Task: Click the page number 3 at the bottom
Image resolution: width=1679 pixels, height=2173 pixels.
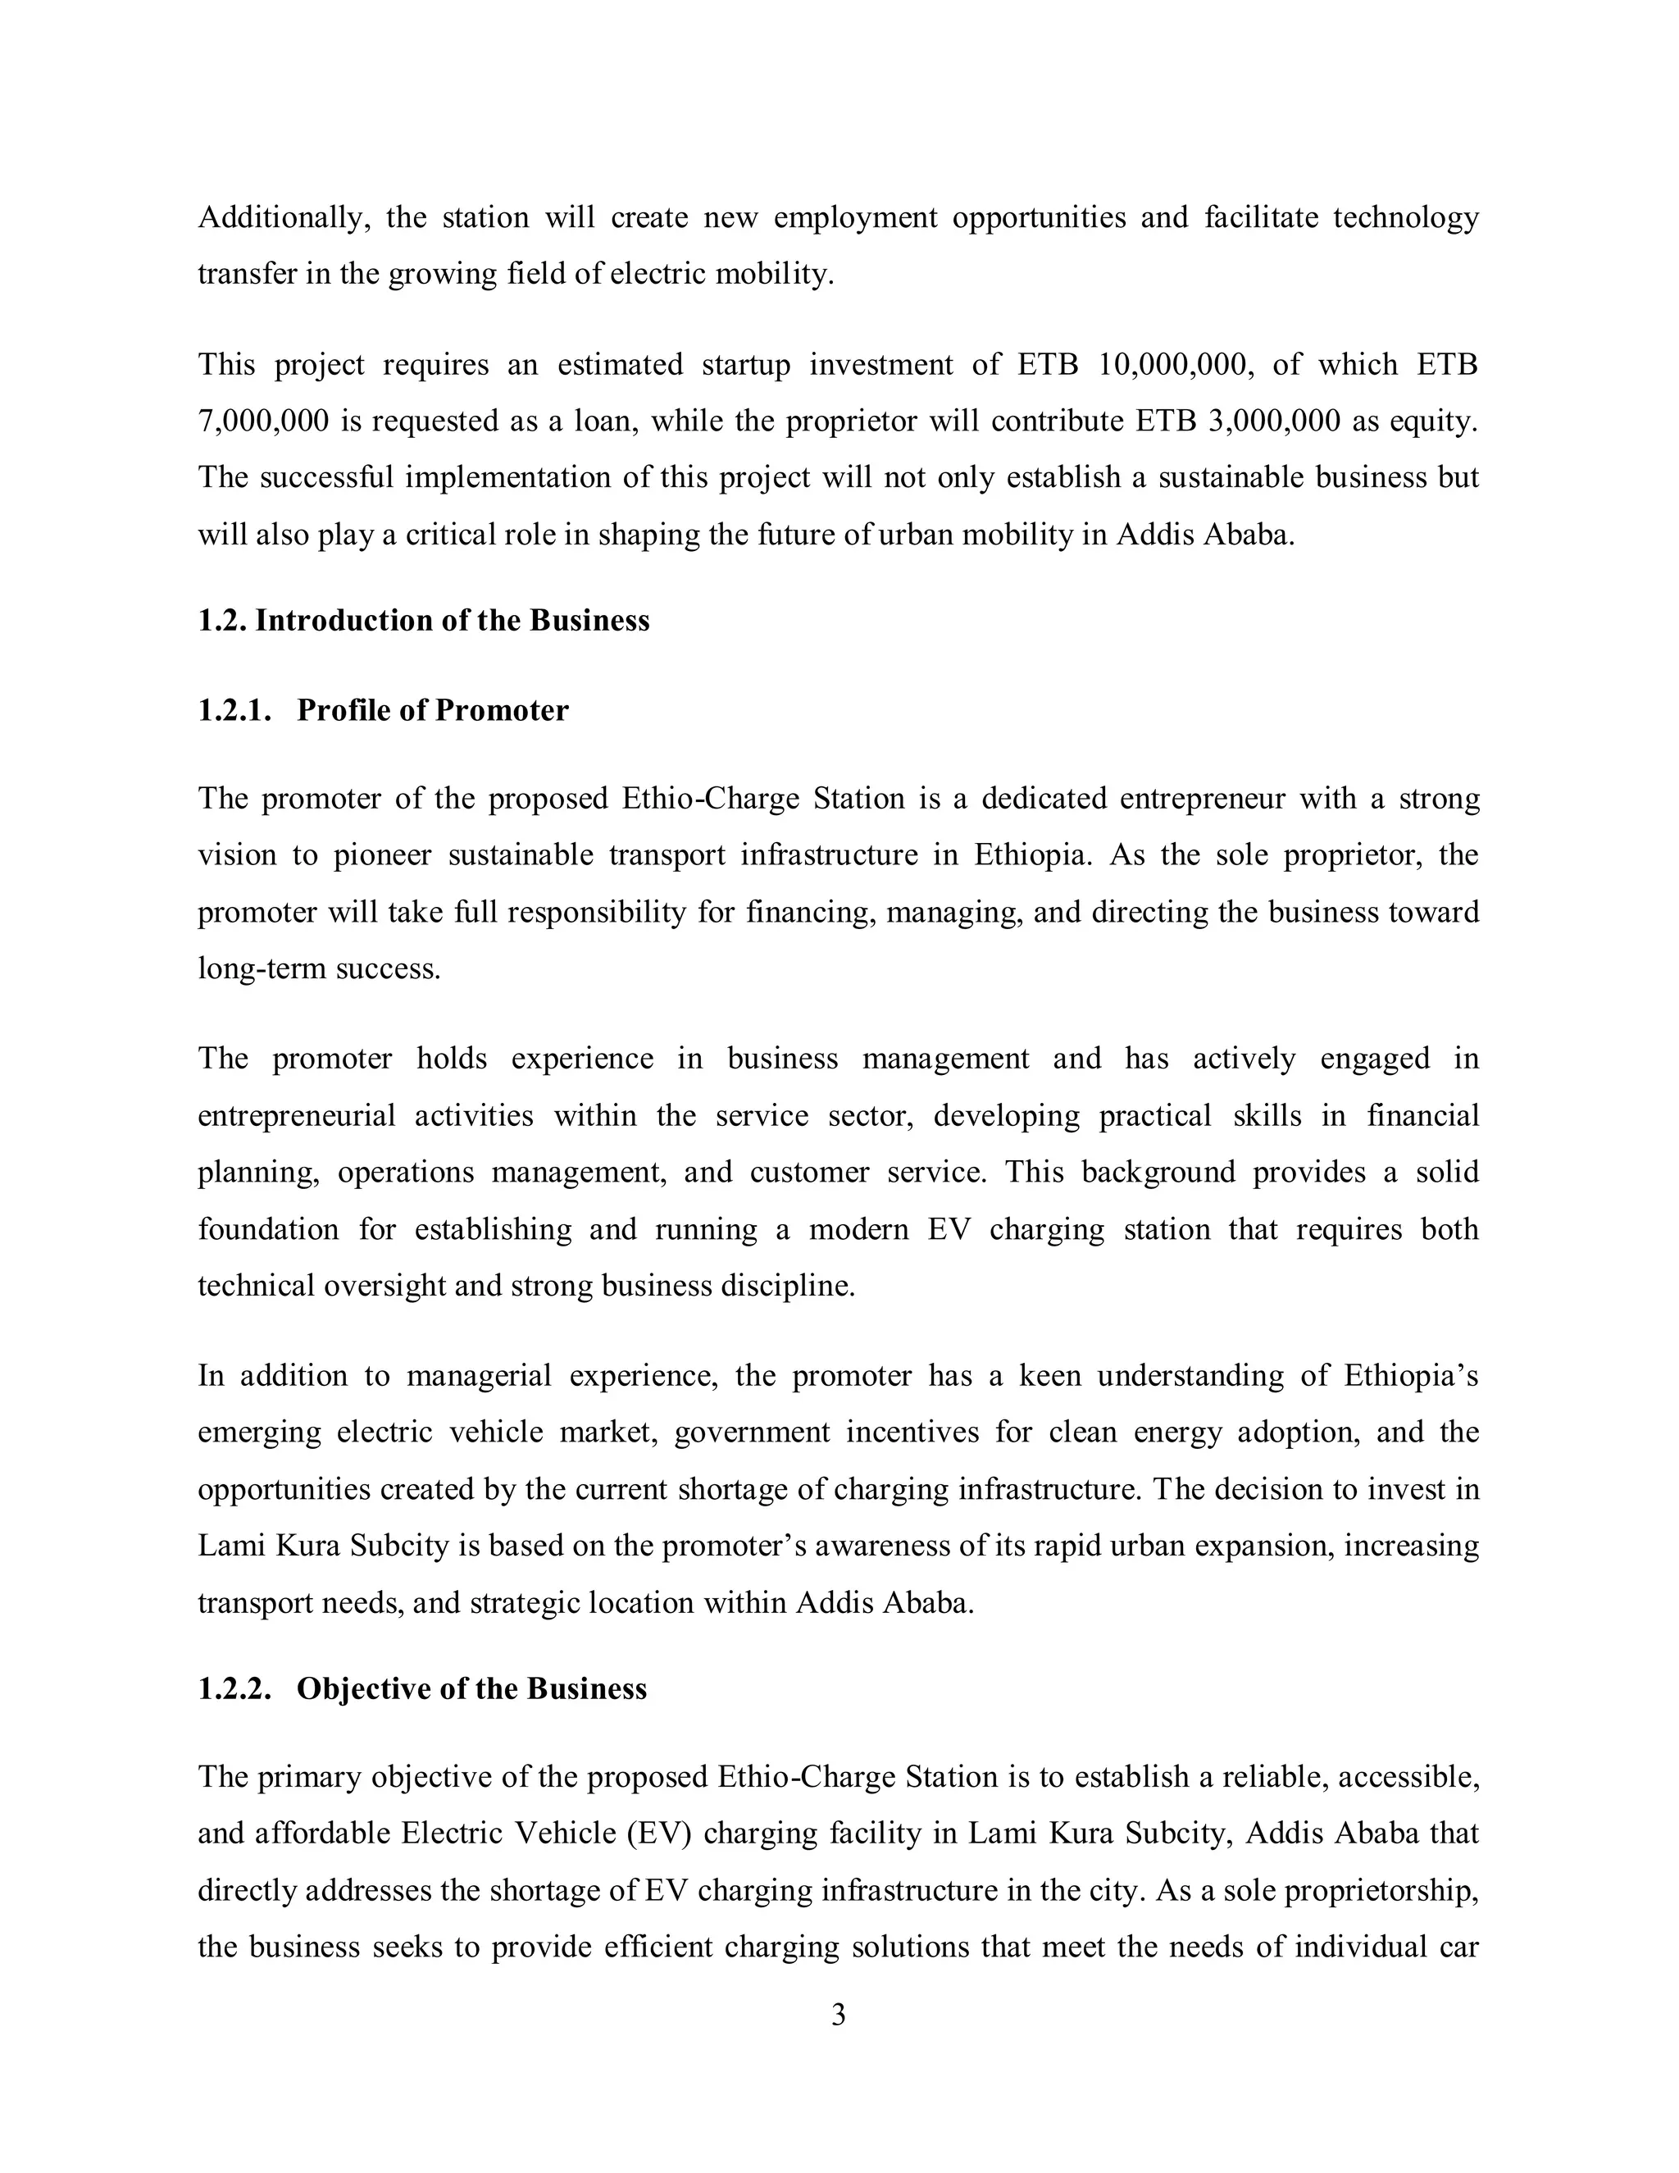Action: pos(838,2016)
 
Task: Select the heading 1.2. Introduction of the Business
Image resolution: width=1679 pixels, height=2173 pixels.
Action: pos(424,621)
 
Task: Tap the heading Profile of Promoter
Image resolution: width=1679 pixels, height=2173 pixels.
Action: pos(433,710)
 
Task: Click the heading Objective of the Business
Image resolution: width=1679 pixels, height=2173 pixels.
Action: pos(471,1689)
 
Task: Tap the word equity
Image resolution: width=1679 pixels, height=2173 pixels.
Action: pos(1432,421)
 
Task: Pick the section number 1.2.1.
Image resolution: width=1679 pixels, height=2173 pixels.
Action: pos(234,710)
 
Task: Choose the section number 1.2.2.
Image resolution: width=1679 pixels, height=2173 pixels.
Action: pos(234,1689)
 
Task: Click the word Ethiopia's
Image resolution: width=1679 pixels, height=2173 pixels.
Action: pos(1410,1376)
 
